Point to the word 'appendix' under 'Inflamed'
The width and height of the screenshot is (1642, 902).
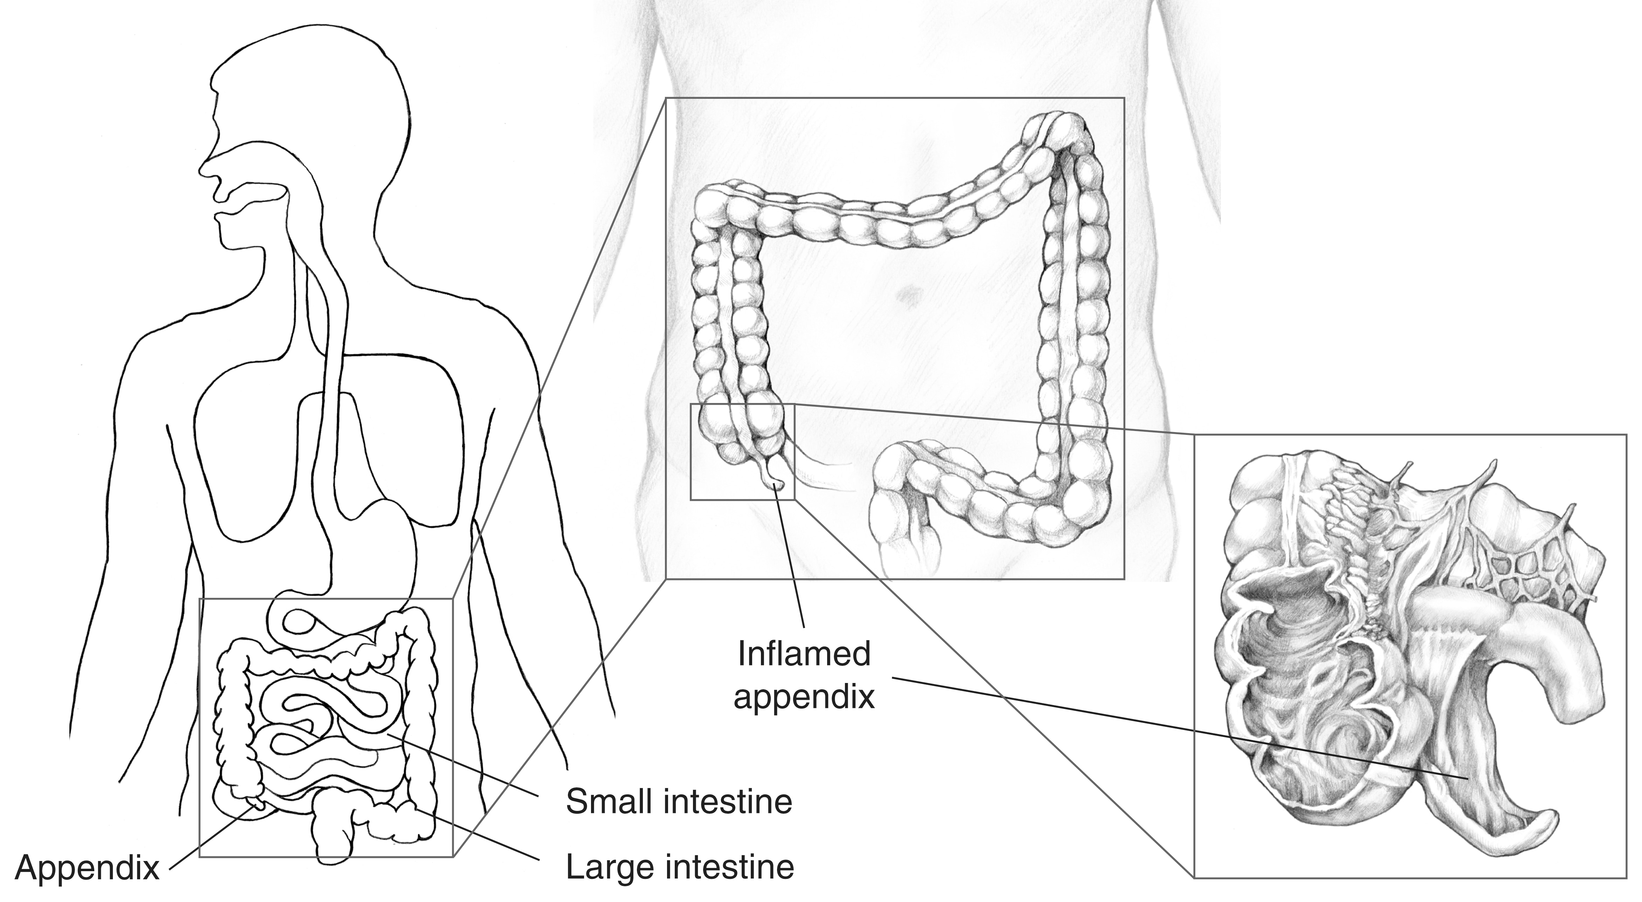pyautogui.click(x=804, y=698)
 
